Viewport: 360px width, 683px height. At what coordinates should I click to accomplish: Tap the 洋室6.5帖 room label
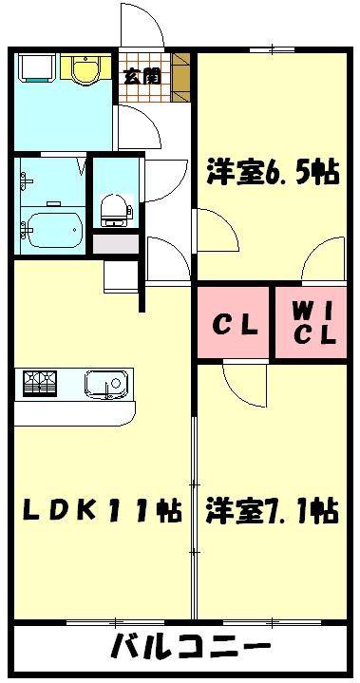click(272, 173)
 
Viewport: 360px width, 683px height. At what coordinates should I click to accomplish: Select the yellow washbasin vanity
click(85, 66)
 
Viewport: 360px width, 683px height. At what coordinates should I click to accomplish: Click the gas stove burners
click(40, 383)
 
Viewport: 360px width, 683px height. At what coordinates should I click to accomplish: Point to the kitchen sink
click(107, 384)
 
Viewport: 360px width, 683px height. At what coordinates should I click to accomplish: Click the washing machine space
click(37, 67)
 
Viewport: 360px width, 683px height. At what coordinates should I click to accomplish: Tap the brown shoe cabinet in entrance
click(181, 77)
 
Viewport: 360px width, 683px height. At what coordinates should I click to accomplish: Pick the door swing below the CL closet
click(245, 384)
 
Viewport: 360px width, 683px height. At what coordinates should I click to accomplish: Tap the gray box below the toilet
click(116, 244)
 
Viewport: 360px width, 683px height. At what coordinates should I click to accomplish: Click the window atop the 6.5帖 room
click(273, 49)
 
